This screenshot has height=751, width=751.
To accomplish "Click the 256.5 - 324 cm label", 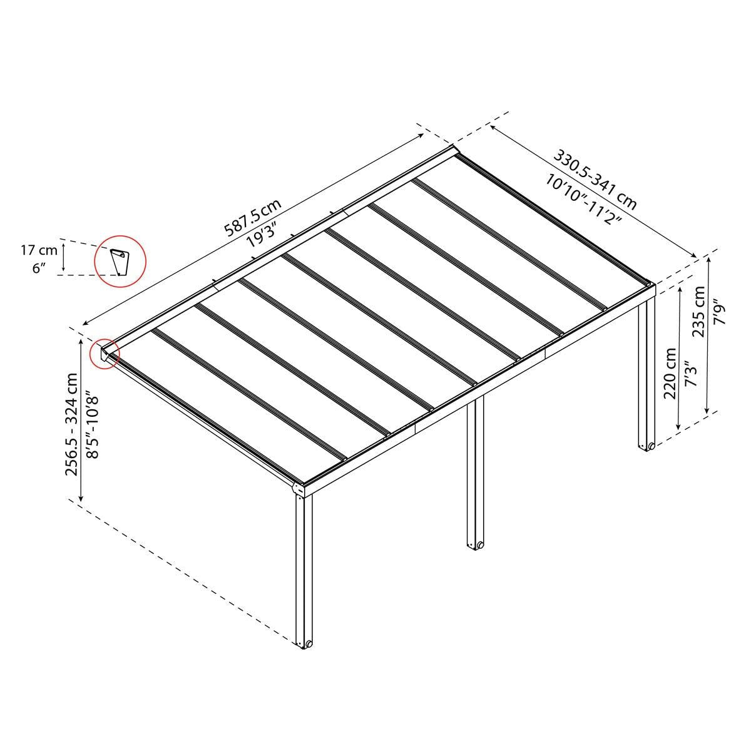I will [x=73, y=424].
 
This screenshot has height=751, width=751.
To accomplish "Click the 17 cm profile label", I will [x=39, y=252].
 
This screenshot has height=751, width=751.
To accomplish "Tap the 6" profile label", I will [x=39, y=268].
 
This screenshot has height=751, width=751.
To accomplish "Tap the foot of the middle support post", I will [x=475, y=543].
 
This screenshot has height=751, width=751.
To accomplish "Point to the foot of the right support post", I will [x=646, y=446].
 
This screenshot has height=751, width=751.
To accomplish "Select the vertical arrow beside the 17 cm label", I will [x=63, y=260].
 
